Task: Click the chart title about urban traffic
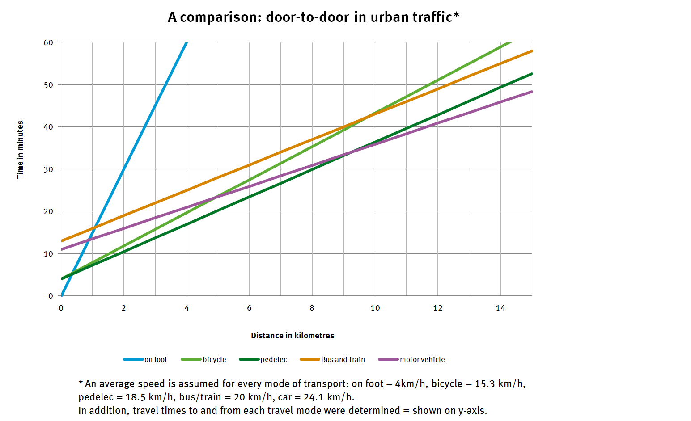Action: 314,17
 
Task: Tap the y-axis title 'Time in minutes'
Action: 20,150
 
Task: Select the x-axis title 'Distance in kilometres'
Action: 293,336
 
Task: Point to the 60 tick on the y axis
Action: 48,43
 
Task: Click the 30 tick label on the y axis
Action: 48,169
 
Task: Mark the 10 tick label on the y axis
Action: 48,254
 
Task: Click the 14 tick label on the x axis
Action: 500,308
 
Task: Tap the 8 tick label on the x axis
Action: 312,308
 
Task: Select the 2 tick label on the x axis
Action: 124,308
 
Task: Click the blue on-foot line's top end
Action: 186,43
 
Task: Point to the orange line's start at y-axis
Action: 62,241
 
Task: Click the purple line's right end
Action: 531,92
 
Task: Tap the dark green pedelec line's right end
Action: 531,74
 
